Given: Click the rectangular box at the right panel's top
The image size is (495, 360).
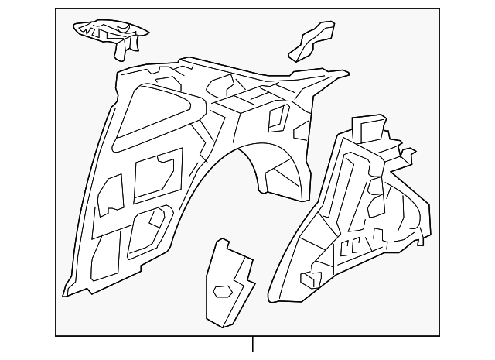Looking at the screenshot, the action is tap(367, 127).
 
